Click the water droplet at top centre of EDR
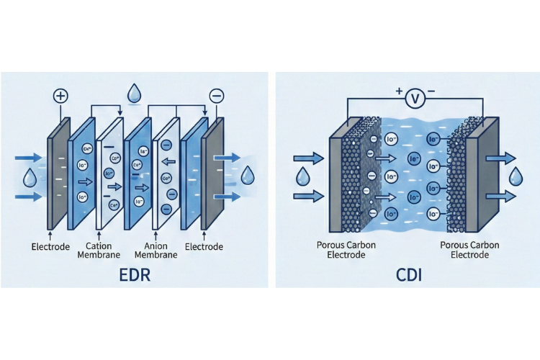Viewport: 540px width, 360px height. coord(134,94)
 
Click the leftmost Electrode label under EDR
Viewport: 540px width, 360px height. coord(50,247)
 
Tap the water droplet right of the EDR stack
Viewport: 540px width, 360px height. coord(248,174)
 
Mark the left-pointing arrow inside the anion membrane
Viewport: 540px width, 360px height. coord(167,163)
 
